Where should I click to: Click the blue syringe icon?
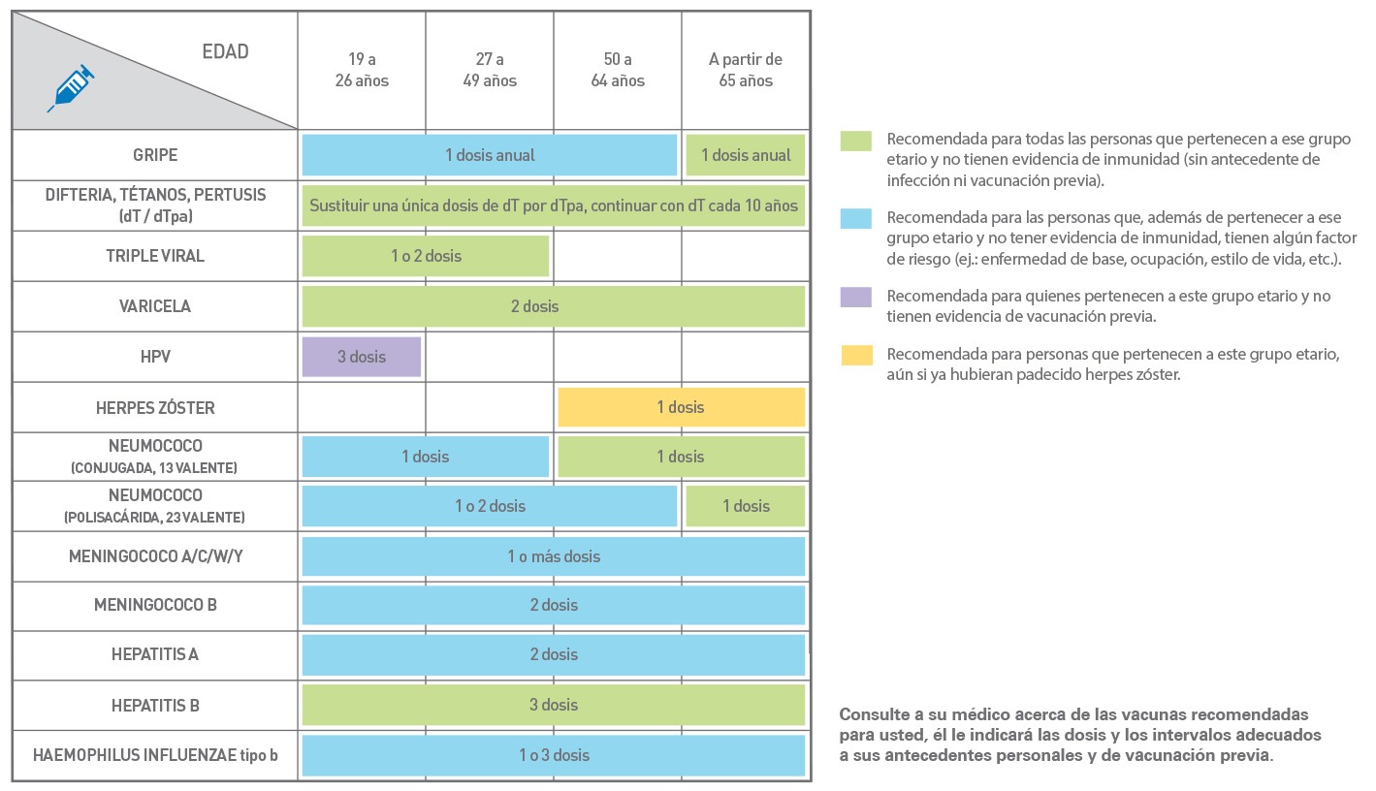point(71,88)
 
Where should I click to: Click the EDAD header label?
point(225,51)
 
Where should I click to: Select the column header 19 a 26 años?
point(362,70)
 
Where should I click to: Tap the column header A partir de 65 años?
point(746,70)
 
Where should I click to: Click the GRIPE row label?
point(155,155)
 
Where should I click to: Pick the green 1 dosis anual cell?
point(746,155)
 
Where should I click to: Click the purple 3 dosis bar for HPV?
point(362,357)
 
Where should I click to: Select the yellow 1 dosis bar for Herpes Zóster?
point(682,407)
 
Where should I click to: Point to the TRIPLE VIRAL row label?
point(155,256)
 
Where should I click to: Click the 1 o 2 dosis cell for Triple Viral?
point(426,256)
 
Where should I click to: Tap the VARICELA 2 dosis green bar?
point(554,306)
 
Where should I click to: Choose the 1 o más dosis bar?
point(554,556)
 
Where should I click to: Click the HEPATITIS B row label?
point(155,706)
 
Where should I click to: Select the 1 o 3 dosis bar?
point(554,755)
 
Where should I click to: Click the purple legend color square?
point(855,298)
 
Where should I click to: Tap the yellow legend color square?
point(857,355)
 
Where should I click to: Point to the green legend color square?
point(855,141)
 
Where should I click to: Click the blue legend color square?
point(855,219)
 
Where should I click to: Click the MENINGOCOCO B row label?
point(155,605)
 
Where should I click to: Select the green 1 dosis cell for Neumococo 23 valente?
point(746,506)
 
